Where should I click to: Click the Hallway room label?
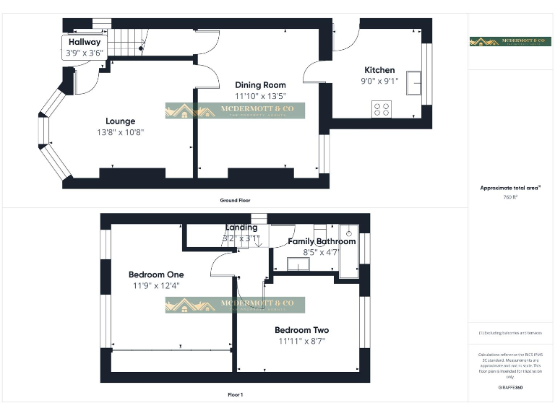85,43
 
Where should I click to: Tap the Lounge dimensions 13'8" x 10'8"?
121,132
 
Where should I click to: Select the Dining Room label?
260,85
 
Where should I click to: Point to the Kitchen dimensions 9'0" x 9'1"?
379,82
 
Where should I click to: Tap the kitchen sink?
415,82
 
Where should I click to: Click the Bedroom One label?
156,274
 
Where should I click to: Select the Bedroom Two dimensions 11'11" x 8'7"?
301,341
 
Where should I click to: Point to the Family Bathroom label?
322,241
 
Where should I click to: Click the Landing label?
241,227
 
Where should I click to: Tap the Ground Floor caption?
236,200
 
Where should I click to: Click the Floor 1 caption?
236,394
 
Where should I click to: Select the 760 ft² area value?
510,196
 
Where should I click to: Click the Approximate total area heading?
510,188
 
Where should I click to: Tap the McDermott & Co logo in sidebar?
510,42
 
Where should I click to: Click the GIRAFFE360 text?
510,388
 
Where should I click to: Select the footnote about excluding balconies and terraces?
510,333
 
